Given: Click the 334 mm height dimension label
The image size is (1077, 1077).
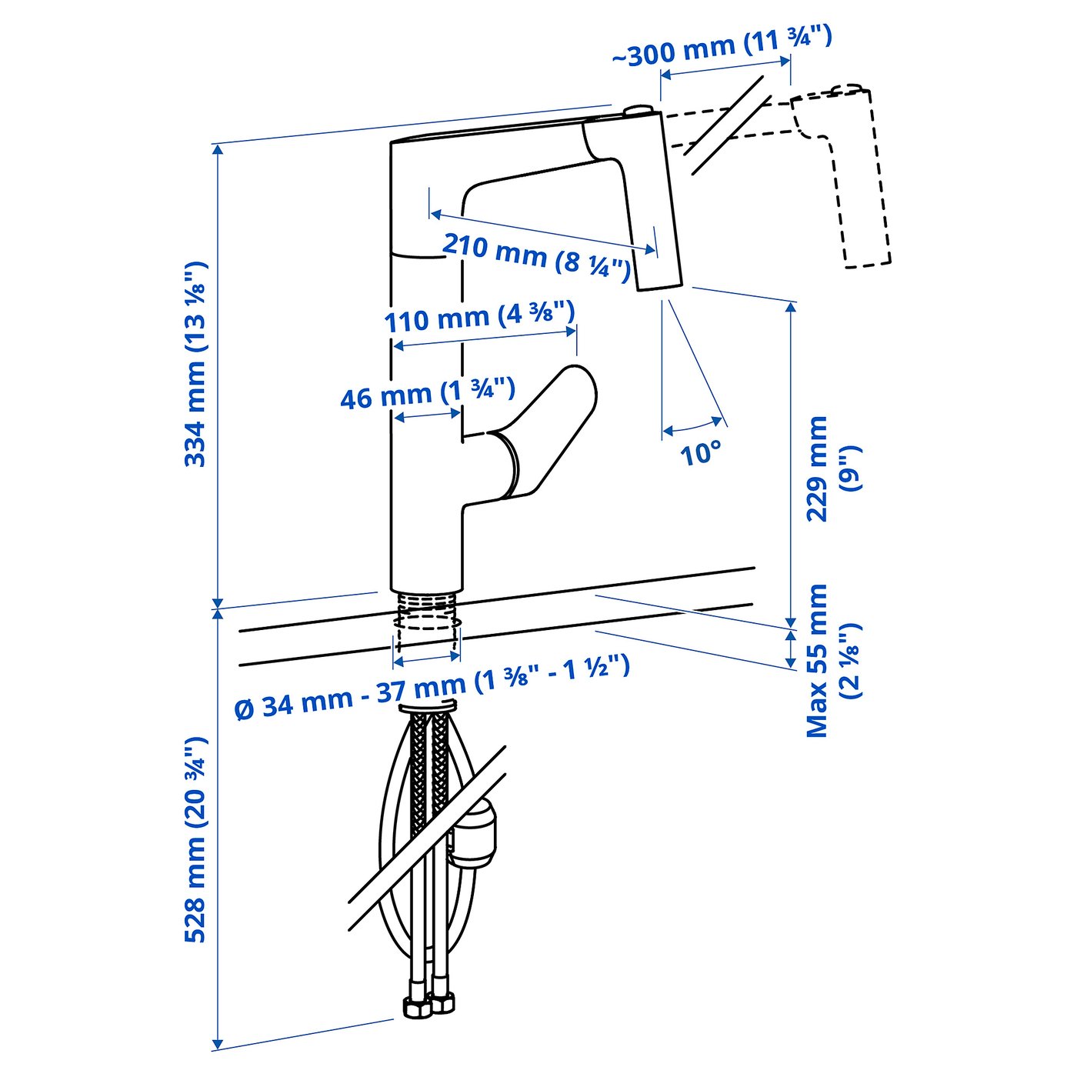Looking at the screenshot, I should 195,365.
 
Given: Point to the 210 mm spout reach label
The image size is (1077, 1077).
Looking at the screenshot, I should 536,256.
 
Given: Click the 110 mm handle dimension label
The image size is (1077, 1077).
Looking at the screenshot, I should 479,317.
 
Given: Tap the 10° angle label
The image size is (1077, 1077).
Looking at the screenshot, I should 701,453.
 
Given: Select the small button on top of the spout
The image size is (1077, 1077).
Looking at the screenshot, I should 638,111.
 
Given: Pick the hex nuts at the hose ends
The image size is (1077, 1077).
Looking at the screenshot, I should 428,1005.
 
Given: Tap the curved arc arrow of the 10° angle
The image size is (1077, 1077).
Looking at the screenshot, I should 693,426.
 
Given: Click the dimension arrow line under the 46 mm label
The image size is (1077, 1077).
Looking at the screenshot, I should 428,415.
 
